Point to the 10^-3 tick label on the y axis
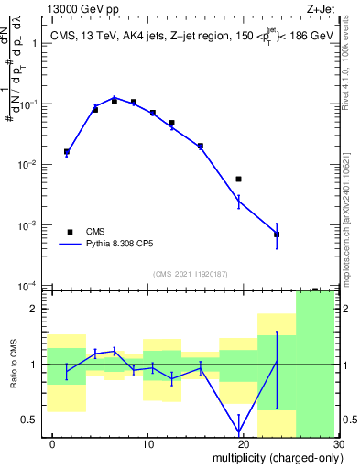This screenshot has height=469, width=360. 29,225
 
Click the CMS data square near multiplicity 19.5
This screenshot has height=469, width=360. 238,179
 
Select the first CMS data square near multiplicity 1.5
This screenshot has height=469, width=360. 67,152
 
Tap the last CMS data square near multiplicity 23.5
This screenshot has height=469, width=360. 277,234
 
